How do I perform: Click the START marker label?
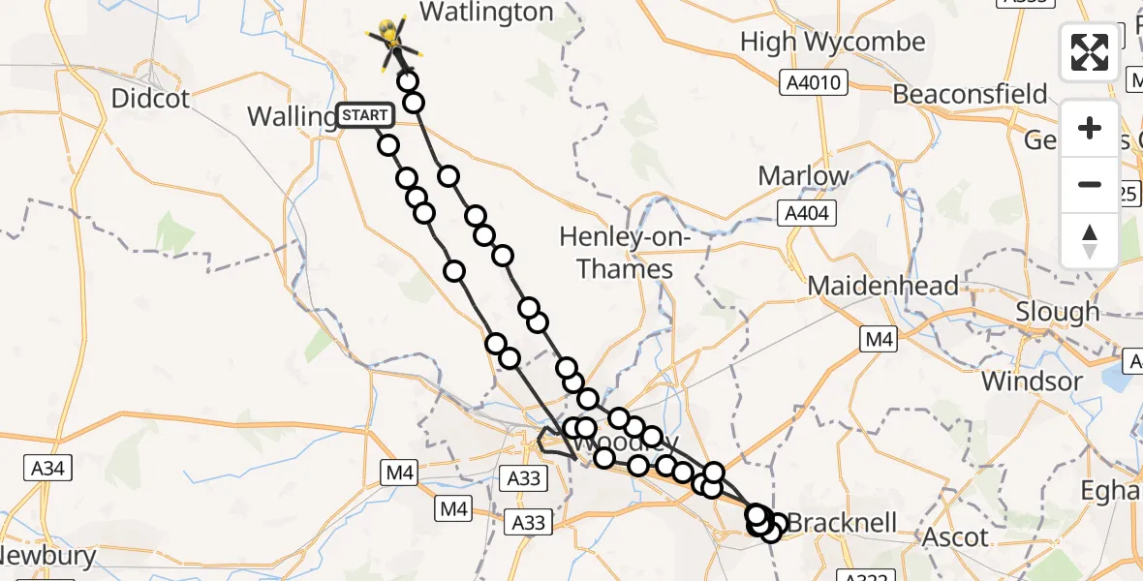(x=365, y=116)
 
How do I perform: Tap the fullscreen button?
(x=1090, y=52)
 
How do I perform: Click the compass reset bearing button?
(x=1090, y=241)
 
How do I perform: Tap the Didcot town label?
(x=150, y=98)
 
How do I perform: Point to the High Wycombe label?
(x=832, y=43)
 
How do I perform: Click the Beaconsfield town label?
(x=970, y=94)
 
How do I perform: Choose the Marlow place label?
(x=803, y=175)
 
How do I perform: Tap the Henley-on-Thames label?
(x=624, y=252)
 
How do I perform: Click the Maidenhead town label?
(x=882, y=286)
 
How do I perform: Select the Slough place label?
(x=1057, y=312)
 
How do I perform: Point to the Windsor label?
(x=1031, y=381)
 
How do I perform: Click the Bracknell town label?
(x=841, y=523)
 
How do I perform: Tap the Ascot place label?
(x=955, y=536)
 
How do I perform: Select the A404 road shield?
(x=805, y=212)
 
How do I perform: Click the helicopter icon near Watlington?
(x=390, y=39)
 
